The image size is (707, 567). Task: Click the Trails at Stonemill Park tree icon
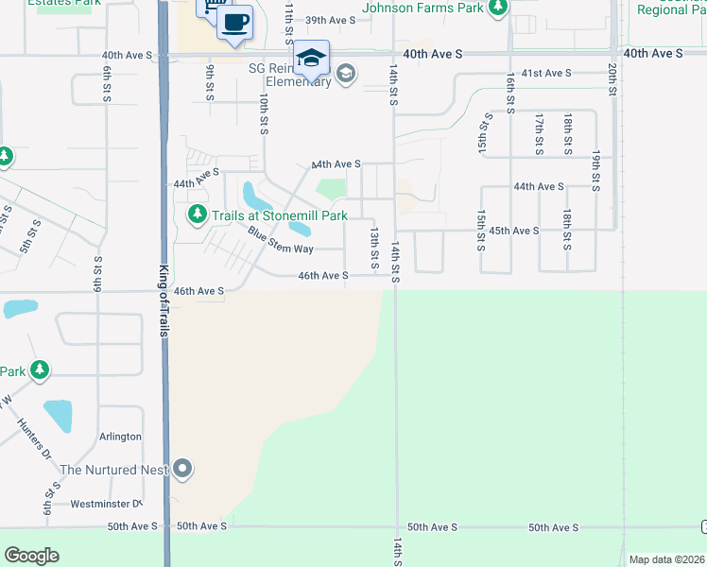click(198, 215)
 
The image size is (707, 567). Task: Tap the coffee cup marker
click(235, 22)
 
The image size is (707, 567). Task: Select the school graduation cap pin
click(311, 57)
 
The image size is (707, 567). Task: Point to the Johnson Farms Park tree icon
click(499, 9)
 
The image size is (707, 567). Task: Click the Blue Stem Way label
click(281, 240)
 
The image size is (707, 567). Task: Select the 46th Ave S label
click(323, 276)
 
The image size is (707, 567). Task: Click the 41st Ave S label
click(546, 73)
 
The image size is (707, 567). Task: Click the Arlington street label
click(120, 437)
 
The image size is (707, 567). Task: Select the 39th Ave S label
click(331, 20)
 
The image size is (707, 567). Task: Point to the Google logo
click(31, 556)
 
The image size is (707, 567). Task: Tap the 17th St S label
click(539, 134)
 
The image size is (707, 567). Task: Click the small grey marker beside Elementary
click(346, 74)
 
